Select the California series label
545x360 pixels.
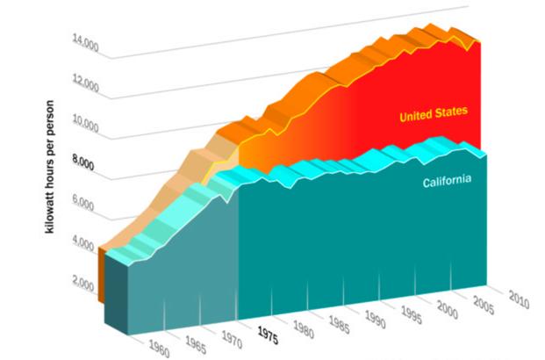point(447,182)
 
